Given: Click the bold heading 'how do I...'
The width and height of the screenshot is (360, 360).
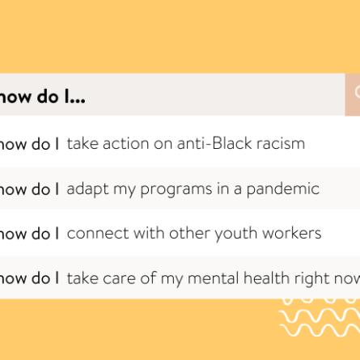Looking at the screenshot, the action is tap(42, 96).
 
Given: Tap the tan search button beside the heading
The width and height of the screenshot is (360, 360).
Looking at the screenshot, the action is tap(353, 95).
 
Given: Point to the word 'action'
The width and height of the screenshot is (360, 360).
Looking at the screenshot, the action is tap(125, 143).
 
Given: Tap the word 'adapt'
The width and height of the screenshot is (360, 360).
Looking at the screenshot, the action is tap(87, 189).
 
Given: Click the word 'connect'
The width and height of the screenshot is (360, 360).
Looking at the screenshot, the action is tap(98, 234).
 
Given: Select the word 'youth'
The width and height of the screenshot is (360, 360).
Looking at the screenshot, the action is tap(236, 234).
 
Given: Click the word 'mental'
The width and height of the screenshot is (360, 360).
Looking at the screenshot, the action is tap(214, 278).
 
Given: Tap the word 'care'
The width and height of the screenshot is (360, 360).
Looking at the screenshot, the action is tap(120, 279).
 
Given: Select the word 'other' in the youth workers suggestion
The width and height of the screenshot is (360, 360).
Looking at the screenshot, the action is tap(189, 233).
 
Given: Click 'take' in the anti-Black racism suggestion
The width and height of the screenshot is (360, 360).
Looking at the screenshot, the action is tap(83, 143).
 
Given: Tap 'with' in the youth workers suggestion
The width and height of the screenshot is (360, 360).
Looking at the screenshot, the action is tap(149, 233).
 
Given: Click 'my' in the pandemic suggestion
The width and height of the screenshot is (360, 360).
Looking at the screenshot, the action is tap(125, 190).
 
